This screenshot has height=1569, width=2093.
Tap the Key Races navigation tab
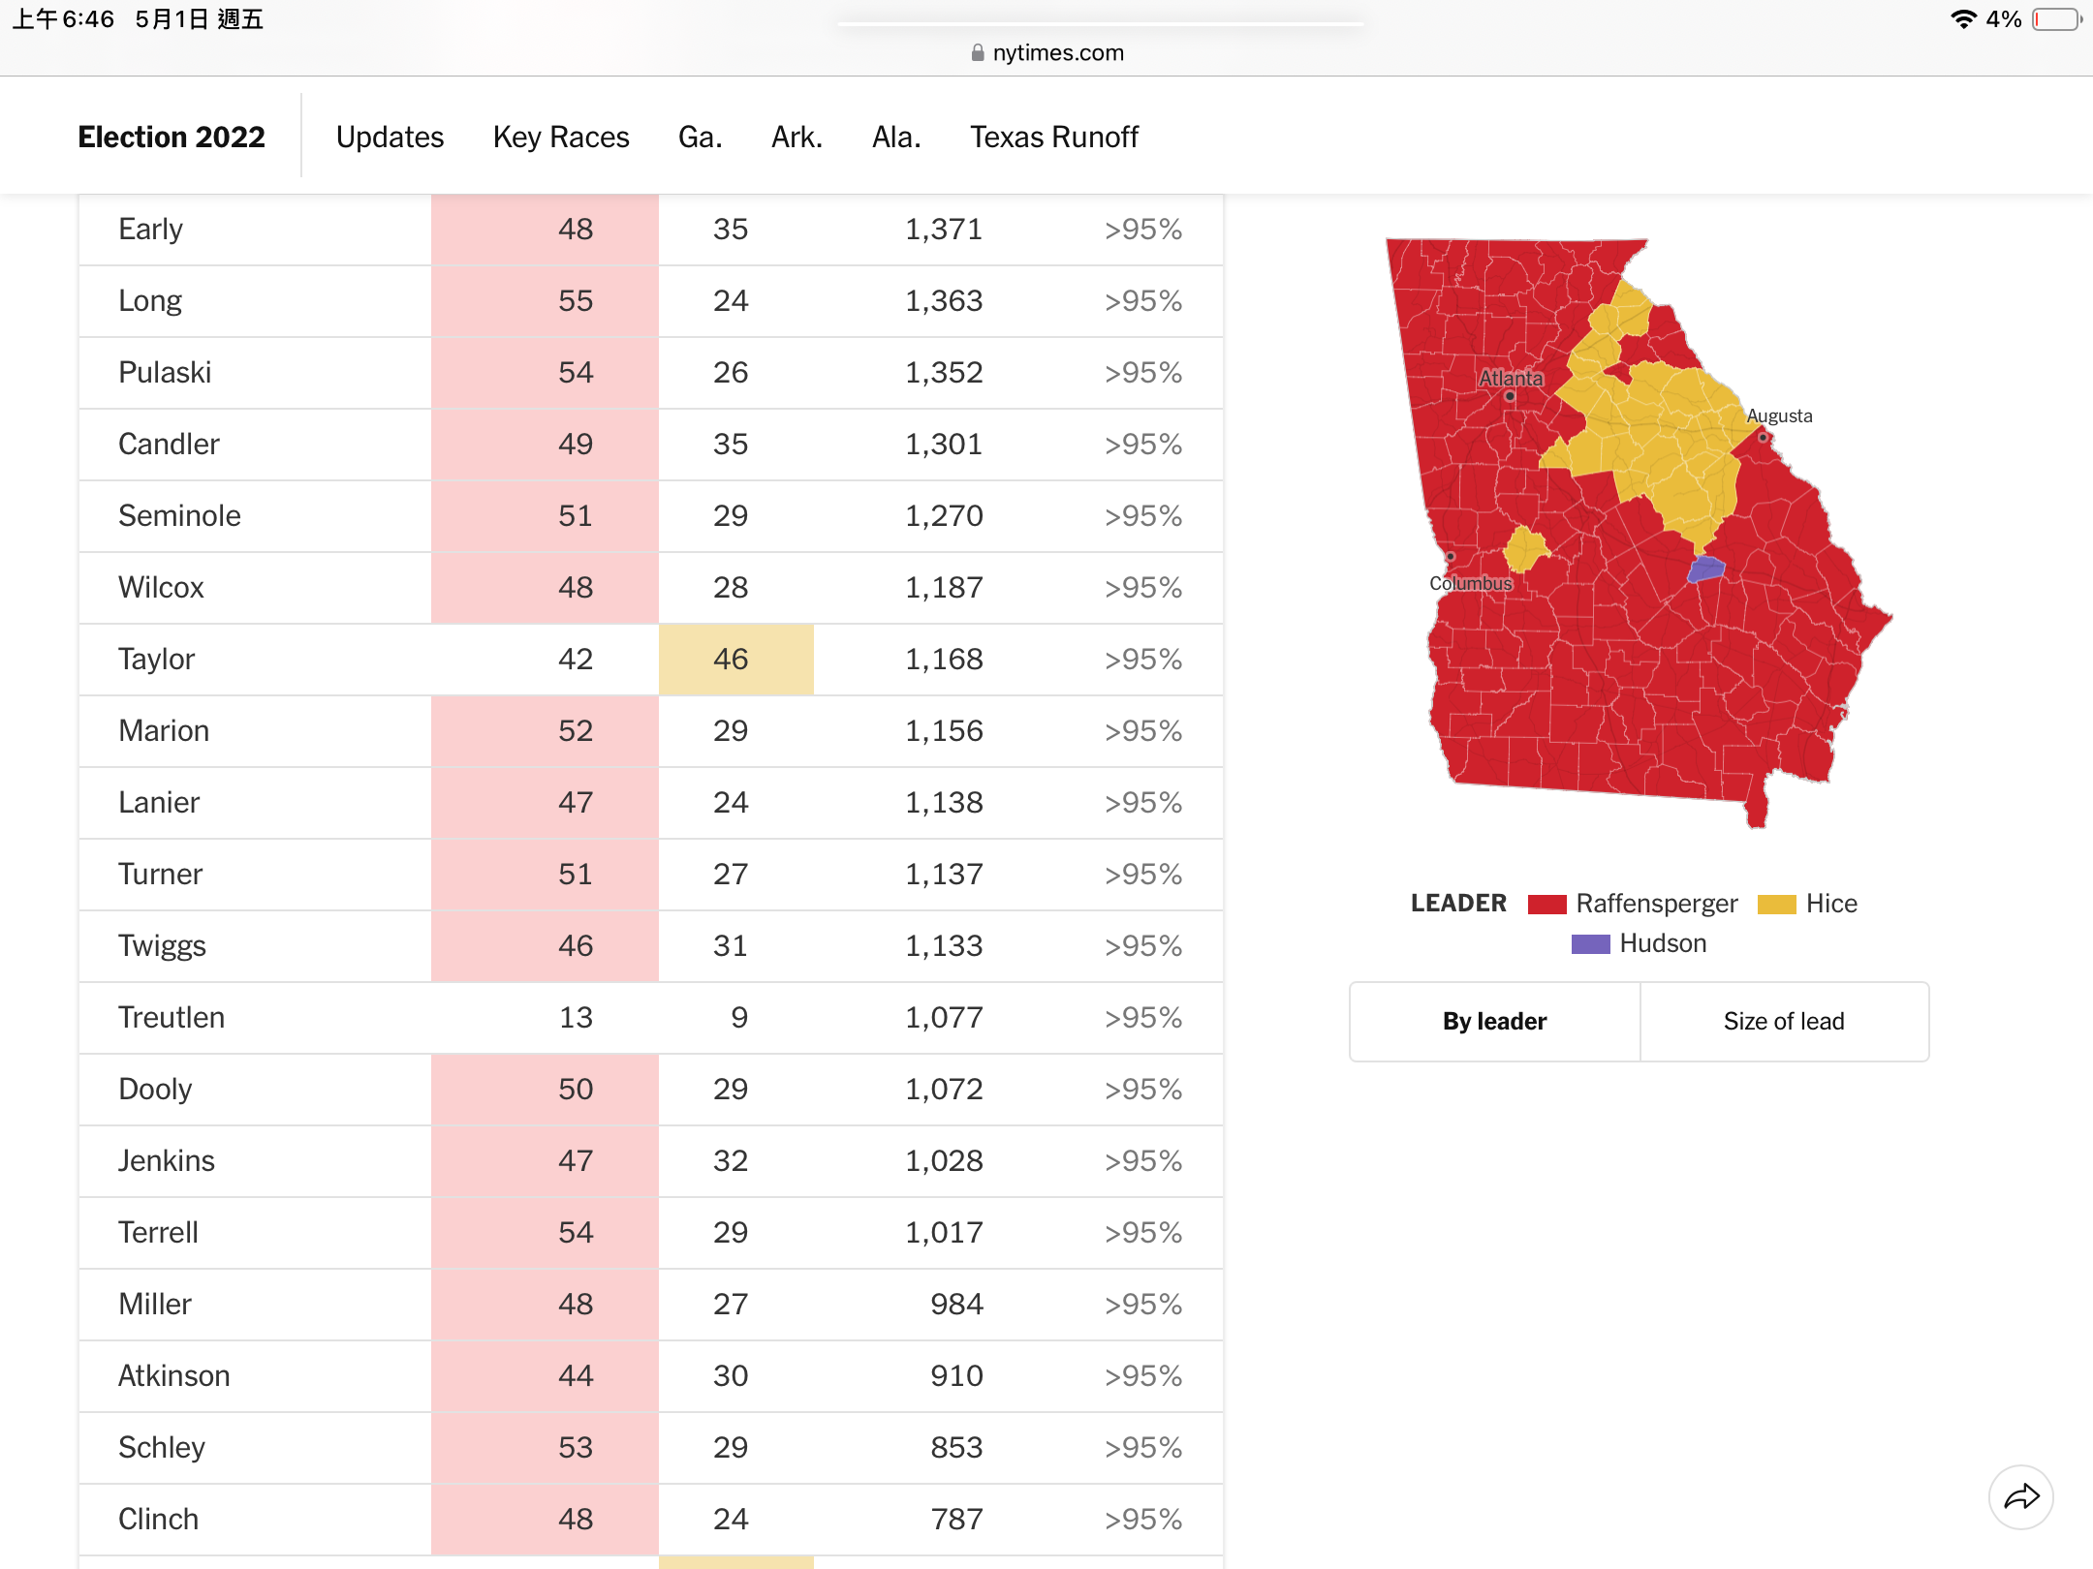[561, 138]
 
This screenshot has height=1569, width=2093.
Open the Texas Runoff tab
[1054, 138]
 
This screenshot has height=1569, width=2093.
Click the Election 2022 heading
[172, 138]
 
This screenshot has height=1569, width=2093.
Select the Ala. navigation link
[896, 138]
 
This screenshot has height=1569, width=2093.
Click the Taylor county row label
[156, 660]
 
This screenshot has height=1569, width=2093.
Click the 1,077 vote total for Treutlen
[944, 1018]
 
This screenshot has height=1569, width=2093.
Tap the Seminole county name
[179, 516]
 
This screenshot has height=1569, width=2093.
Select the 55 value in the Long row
[576, 301]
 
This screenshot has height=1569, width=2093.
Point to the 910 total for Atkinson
[956, 1376]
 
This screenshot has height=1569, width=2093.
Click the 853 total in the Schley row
[956, 1448]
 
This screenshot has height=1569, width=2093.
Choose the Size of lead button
[1784, 1022]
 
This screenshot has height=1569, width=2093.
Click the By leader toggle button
[1494, 1022]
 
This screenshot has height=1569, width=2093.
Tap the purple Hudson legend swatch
[1590, 944]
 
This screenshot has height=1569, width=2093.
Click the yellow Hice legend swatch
[1777, 905]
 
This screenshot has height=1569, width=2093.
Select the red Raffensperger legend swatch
[1547, 905]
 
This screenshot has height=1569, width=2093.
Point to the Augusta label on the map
[1779, 415]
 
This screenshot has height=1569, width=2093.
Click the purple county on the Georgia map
[1706, 569]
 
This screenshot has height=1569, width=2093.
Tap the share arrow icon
[2021, 1497]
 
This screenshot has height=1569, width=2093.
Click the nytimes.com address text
[1058, 52]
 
